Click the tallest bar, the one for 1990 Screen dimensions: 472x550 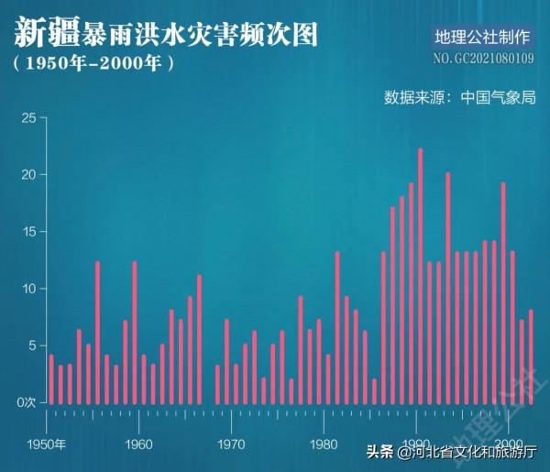point(420,275)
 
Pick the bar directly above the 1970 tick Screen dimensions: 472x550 point(236,384)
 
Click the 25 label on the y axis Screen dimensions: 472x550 point(28,117)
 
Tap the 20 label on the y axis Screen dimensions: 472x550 point(28,174)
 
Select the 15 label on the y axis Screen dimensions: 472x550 point(28,231)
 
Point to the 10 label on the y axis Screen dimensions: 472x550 point(28,288)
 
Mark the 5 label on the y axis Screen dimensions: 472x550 point(31,345)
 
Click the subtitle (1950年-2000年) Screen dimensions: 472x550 point(93,65)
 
